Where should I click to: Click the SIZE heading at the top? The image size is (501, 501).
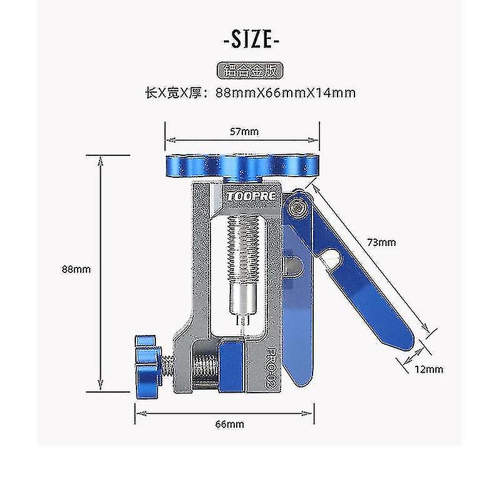coord(250,41)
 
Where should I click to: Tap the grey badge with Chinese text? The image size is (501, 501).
coord(250,70)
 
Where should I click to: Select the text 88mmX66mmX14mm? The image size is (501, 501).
coord(286,93)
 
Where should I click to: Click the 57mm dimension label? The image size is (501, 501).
coord(244,132)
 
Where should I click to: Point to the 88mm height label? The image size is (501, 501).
coord(76,269)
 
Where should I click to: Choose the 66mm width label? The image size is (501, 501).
coord(229,424)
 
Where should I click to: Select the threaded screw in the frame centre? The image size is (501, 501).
coord(244,244)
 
